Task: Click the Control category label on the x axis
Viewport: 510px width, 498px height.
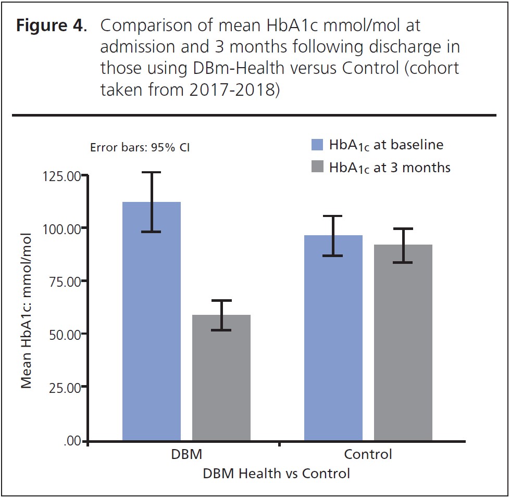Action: tap(368, 454)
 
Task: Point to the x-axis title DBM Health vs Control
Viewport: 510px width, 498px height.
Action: tap(276, 474)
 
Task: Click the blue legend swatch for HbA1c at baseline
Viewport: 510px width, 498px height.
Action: tap(317, 144)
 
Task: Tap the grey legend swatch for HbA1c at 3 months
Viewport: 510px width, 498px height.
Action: tap(317, 168)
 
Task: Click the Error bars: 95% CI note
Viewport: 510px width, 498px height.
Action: tap(140, 147)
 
